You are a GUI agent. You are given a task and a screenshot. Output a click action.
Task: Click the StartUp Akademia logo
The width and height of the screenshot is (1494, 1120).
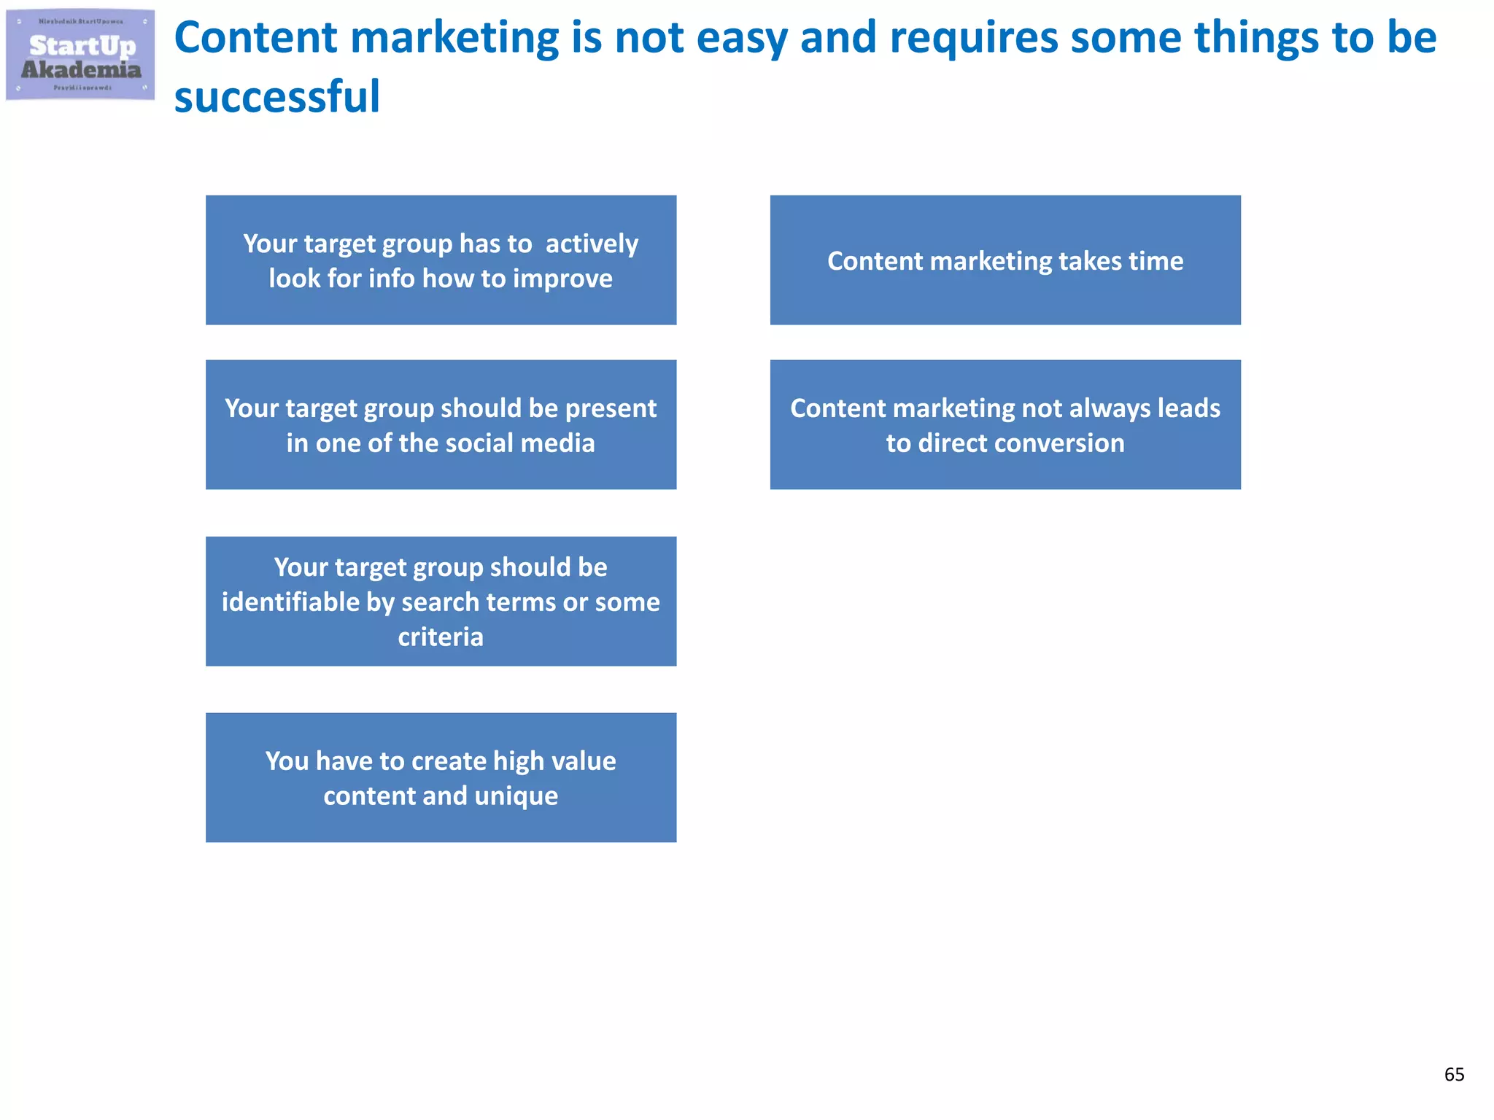pos(80,55)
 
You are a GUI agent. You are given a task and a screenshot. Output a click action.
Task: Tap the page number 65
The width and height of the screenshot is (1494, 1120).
pos(1454,1074)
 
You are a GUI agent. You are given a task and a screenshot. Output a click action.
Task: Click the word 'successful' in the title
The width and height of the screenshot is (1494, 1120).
pos(277,96)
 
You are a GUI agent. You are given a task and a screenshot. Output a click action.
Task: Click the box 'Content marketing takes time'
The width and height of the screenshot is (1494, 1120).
pos(1005,260)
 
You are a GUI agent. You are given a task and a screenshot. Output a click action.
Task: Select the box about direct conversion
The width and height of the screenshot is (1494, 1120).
pos(1005,424)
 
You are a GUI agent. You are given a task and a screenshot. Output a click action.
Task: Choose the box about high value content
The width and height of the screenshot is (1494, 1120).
pos(441,777)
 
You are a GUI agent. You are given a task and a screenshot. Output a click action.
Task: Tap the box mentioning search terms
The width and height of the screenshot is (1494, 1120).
pos(441,601)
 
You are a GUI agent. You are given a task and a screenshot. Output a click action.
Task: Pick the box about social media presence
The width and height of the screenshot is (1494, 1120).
pos(441,424)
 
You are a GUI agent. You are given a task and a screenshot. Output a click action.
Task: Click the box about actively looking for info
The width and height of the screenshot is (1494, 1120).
pos(441,260)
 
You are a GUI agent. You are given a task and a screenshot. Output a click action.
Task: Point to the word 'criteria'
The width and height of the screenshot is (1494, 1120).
pos(441,637)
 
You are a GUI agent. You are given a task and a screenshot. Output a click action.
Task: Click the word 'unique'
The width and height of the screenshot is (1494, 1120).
pos(516,796)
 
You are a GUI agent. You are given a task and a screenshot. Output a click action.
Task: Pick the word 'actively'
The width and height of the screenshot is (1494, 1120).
pos(592,244)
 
